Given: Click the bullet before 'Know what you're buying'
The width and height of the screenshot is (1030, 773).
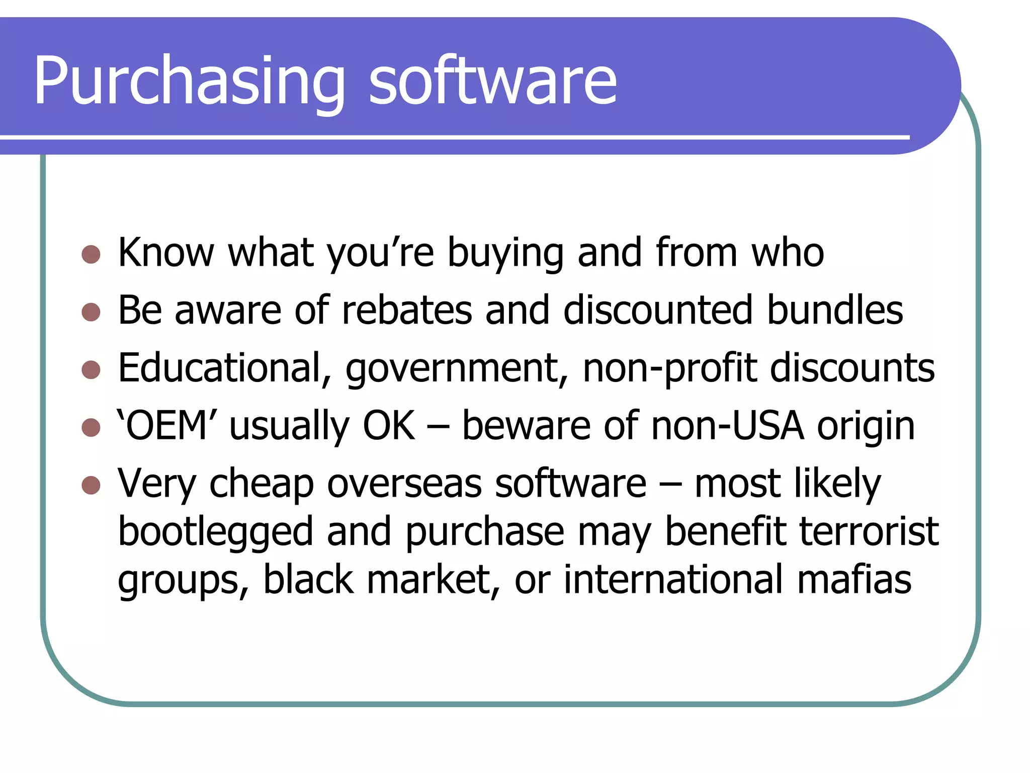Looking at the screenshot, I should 91,254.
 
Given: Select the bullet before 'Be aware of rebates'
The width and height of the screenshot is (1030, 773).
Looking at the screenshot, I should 91,312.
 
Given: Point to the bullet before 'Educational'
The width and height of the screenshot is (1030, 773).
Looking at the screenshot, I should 91,370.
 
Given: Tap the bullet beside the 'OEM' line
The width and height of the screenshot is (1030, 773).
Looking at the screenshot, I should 91,428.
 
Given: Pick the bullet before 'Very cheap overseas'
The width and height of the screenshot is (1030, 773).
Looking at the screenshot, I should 91,486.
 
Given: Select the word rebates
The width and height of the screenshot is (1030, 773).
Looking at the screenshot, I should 407,310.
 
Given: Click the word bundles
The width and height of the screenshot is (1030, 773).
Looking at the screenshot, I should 835,310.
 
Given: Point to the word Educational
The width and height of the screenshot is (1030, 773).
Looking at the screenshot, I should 224,368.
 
